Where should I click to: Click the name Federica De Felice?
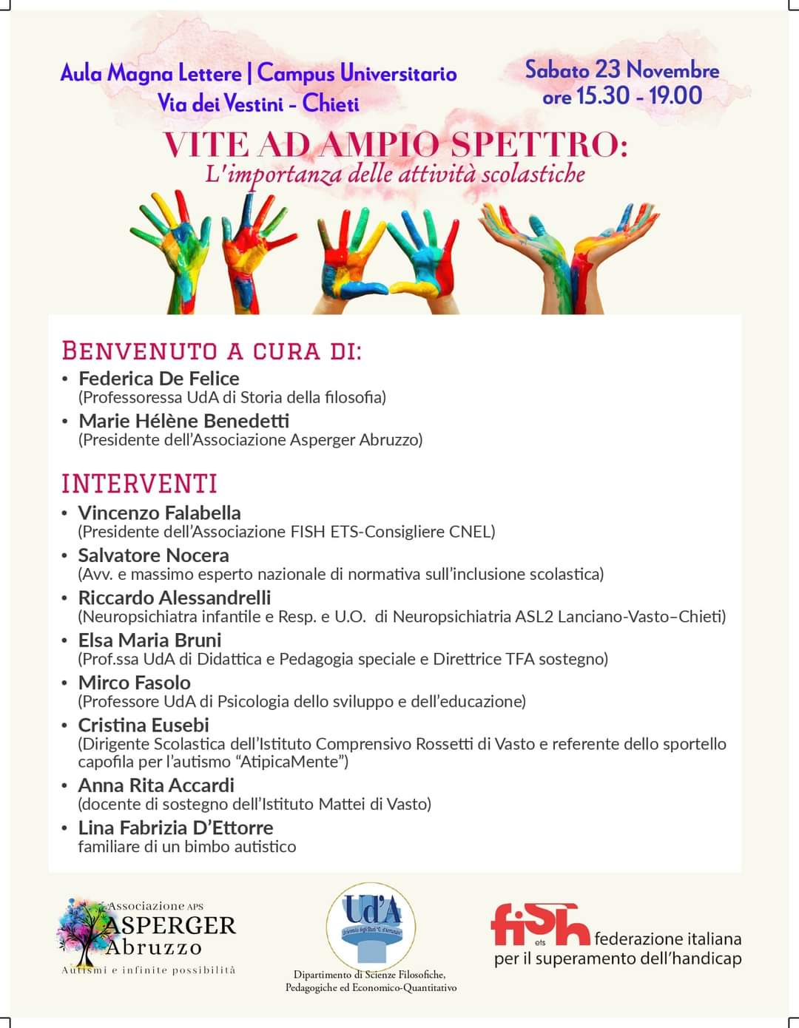tap(159, 379)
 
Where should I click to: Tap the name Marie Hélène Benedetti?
tap(183, 421)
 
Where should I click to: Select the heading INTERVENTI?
tap(139, 484)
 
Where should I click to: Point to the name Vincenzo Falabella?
tap(159, 513)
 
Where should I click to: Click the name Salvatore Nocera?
tap(153, 555)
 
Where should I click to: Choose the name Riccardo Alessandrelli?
tap(175, 598)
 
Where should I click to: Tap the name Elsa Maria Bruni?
tap(149, 640)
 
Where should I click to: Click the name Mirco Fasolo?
tap(134, 683)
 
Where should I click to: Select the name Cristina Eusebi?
tap(144, 725)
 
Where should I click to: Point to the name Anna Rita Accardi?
tap(156, 785)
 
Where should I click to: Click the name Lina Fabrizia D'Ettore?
tap(175, 828)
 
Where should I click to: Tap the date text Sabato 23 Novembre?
tap(621, 70)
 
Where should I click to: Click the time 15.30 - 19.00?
tap(639, 95)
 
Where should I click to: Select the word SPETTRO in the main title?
tap(539, 143)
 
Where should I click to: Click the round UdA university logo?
tap(371, 926)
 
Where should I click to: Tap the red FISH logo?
tap(540, 924)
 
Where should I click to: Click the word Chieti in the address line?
tap(331, 104)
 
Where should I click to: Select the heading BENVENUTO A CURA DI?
tap(212, 351)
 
